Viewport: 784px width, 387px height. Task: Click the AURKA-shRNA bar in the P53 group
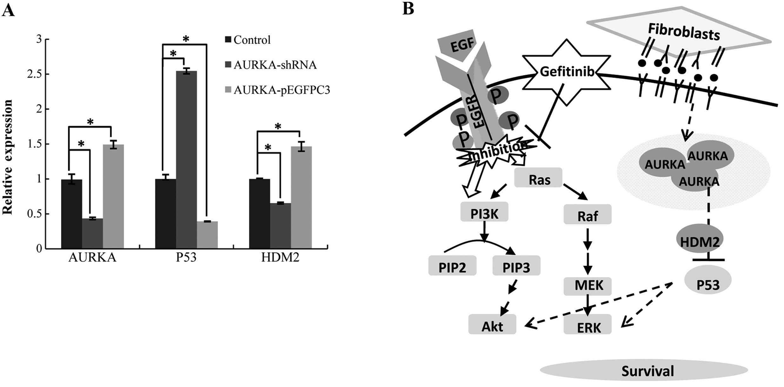[x=186, y=159]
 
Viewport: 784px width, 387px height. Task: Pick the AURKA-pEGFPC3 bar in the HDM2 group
[x=301, y=197]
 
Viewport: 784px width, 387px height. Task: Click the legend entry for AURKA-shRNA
[x=271, y=65]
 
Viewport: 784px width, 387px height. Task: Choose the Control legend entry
[x=248, y=40]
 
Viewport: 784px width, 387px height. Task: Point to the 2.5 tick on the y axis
[x=34, y=74]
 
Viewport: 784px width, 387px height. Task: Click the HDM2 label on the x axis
[x=280, y=257]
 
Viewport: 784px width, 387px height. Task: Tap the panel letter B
[x=408, y=9]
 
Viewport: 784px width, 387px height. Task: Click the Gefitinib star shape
[x=567, y=72]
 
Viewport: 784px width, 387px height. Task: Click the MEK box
[x=587, y=285]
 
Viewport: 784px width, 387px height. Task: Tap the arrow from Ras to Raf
[x=575, y=192]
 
